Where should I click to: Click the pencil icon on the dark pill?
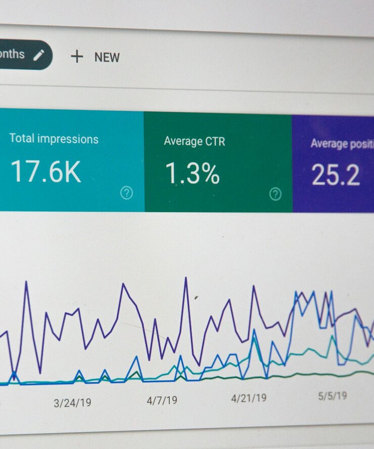click(39, 55)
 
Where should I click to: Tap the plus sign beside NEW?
click(77, 56)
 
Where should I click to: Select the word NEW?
click(107, 57)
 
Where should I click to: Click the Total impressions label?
click(54, 139)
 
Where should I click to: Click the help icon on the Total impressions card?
click(126, 193)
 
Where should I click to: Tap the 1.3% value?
click(193, 173)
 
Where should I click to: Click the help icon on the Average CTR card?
click(275, 194)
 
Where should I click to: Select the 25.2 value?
click(336, 175)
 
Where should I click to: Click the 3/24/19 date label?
click(72, 403)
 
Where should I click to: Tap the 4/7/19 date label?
click(162, 400)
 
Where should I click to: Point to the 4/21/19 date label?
click(249, 398)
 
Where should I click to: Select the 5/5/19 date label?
click(333, 395)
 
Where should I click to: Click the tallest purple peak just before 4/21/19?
click(185, 278)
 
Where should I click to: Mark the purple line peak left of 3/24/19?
click(26, 282)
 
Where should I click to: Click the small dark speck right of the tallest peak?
click(196, 297)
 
